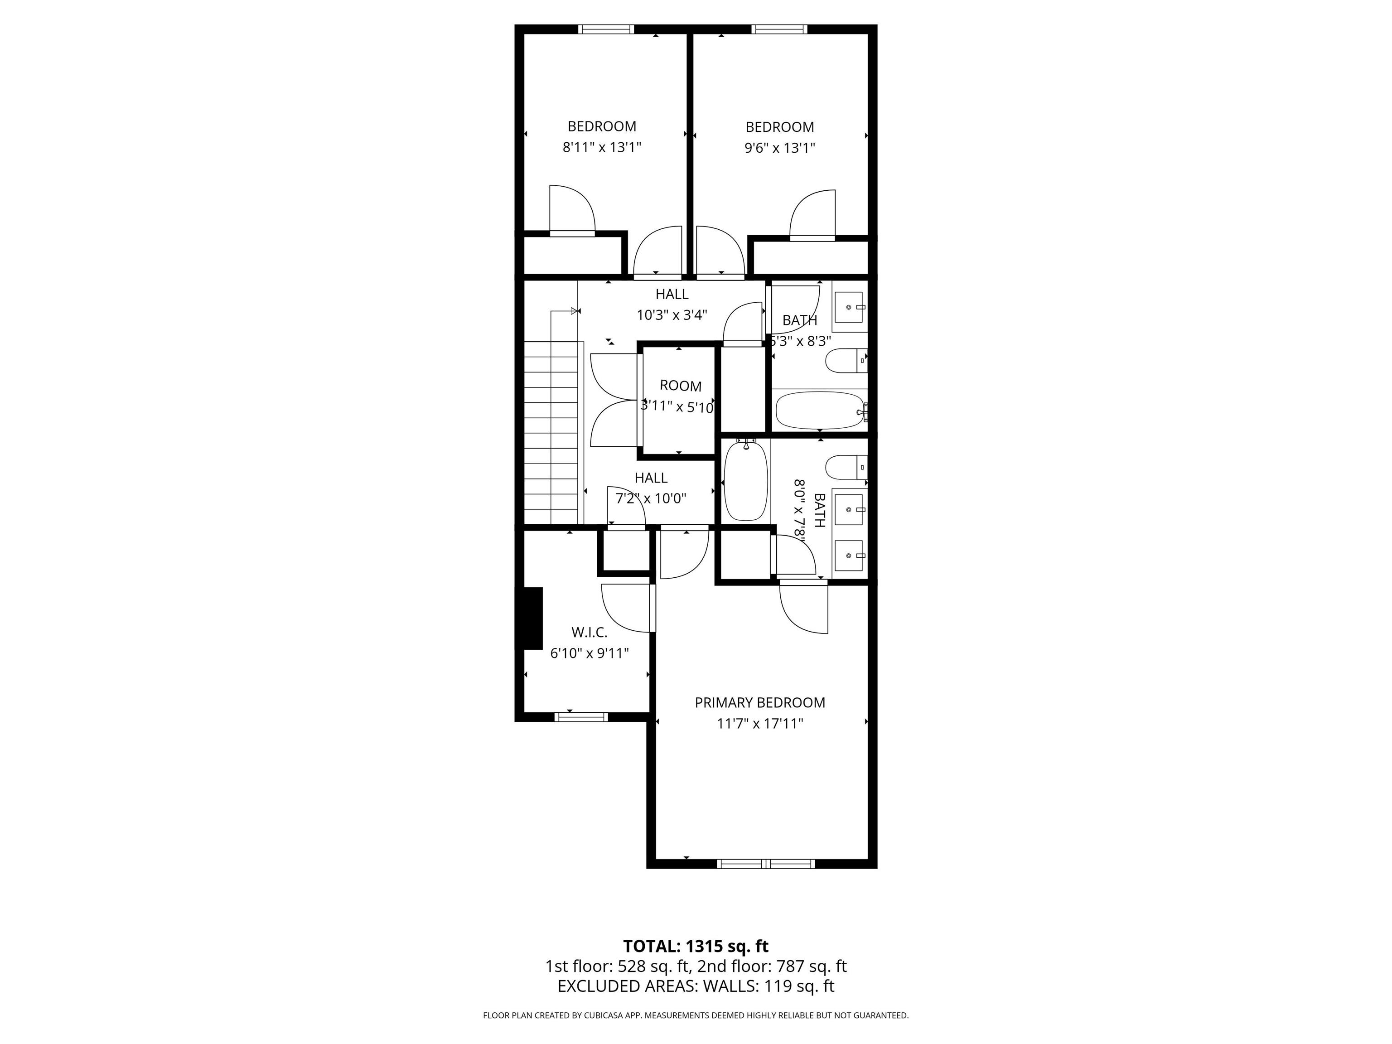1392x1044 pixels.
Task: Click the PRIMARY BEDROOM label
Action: tap(759, 702)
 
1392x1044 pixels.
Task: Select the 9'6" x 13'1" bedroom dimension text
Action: tap(780, 148)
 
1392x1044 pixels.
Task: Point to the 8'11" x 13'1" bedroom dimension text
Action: tap(602, 147)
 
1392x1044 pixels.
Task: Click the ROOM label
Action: tap(680, 386)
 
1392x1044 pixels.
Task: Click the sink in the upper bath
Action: tap(850, 307)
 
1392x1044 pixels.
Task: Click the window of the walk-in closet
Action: tap(581, 716)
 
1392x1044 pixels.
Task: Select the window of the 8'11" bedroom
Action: tap(606, 29)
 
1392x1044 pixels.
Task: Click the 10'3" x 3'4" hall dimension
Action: tap(672, 314)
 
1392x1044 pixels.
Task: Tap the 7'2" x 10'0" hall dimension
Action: tap(651, 498)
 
